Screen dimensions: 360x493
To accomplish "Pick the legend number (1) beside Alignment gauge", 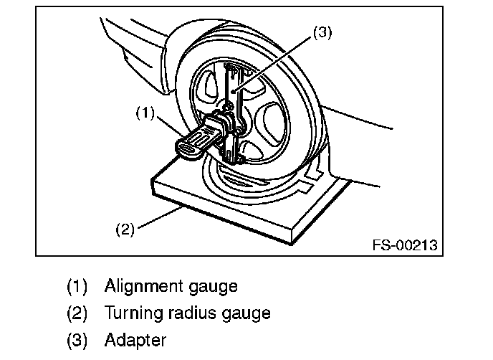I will pyautogui.click(x=77, y=287).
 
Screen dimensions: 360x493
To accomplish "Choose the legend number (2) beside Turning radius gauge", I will pyautogui.click(x=77, y=313).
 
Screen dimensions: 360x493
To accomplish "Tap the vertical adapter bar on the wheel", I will pyautogui.click(x=231, y=93).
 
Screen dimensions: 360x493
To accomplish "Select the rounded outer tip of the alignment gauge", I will pyautogui.click(x=184, y=149).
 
